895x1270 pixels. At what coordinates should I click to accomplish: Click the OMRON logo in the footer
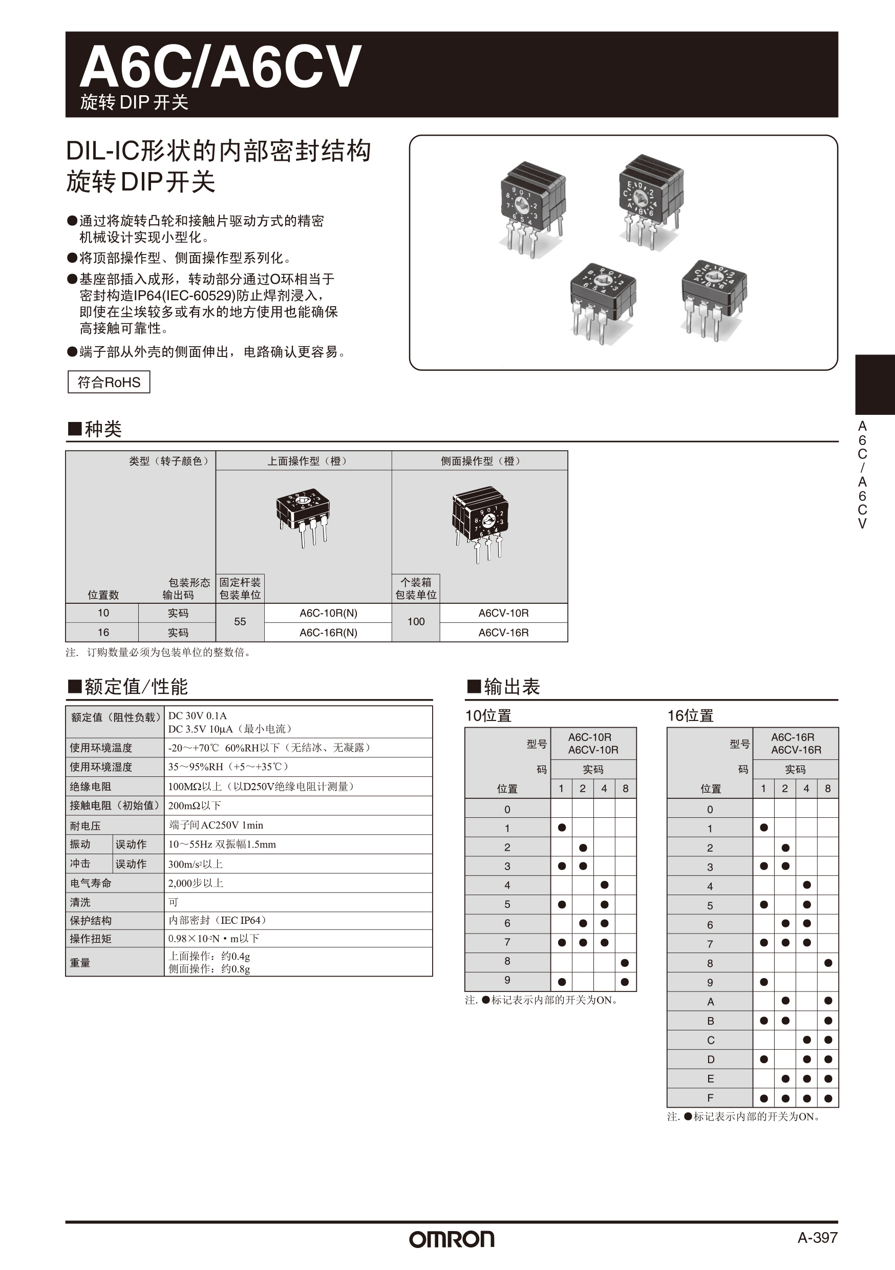(452, 1239)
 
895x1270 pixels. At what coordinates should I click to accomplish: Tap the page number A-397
(817, 1238)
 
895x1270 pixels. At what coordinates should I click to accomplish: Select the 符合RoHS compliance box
(109, 382)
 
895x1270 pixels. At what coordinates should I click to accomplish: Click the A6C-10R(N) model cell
(328, 613)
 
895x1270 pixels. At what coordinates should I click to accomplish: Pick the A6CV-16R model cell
(503, 632)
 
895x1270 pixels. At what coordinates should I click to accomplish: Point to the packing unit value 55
(240, 622)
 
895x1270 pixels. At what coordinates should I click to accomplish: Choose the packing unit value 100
(416, 622)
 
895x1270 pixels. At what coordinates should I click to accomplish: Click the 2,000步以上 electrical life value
(196, 883)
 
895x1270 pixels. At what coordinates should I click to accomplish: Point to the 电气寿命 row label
(91, 883)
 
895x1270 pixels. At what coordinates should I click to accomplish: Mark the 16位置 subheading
(690, 716)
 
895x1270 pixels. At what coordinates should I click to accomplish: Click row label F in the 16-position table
(710, 1098)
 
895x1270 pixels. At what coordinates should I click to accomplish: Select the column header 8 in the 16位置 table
(827, 789)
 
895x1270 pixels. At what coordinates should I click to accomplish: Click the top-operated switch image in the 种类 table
(303, 517)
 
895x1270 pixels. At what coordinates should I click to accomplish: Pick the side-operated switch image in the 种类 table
(480, 523)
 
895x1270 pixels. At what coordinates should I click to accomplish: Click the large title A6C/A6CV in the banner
(220, 68)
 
